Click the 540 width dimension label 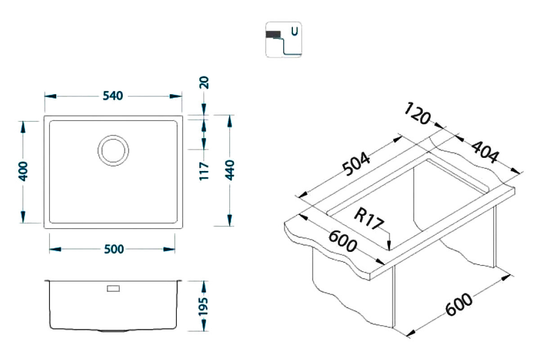[x=113, y=96]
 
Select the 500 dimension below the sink [x=113, y=249]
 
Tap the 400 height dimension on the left [x=23, y=171]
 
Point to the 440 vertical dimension [x=230, y=170]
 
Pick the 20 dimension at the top [x=205, y=84]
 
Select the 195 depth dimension [x=205, y=306]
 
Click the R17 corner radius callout [x=368, y=219]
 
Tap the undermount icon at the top [x=283, y=40]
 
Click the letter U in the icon [x=294, y=31]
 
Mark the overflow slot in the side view [x=113, y=288]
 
